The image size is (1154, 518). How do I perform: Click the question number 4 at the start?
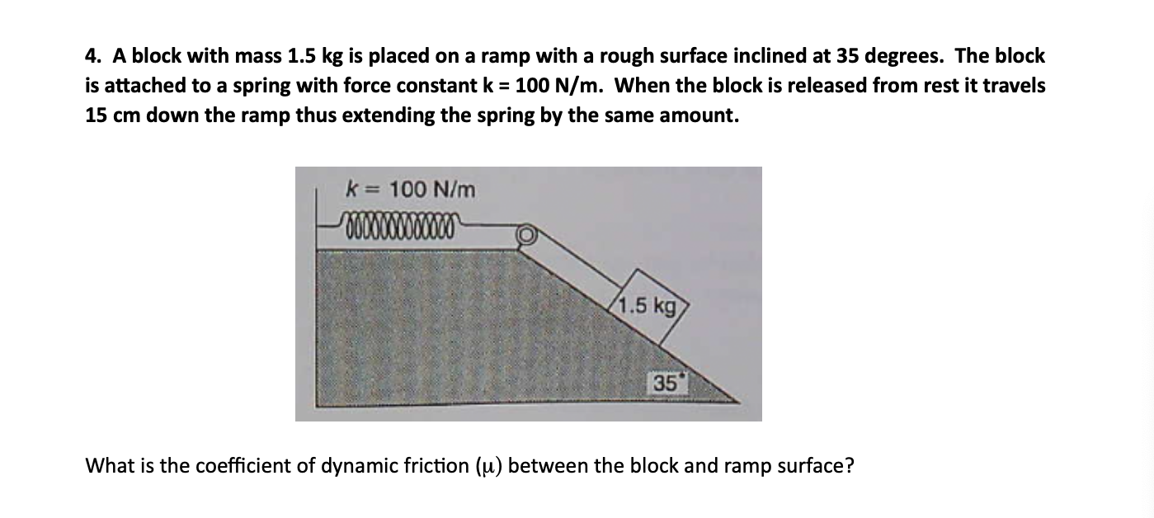pyautogui.click(x=92, y=57)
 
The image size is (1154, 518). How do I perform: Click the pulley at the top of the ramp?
pyautogui.click(x=525, y=236)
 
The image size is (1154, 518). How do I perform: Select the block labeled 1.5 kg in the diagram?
pyautogui.click(x=649, y=308)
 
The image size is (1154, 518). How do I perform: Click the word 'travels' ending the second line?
pyautogui.click(x=1014, y=86)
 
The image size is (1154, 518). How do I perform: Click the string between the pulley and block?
pyautogui.click(x=577, y=265)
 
